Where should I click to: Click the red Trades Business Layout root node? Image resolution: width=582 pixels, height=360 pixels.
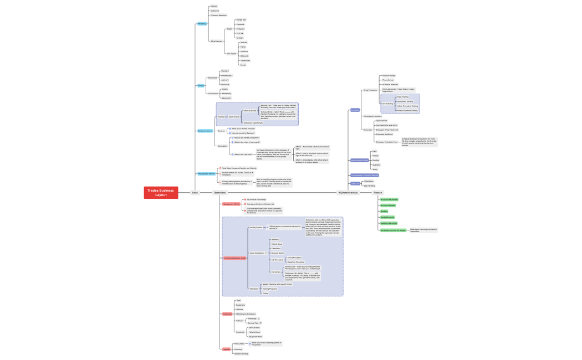pyautogui.click(x=161, y=192)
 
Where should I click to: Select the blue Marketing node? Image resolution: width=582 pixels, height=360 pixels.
pyautogui.click(x=202, y=24)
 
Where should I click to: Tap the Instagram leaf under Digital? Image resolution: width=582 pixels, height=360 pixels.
pyautogui.click(x=240, y=29)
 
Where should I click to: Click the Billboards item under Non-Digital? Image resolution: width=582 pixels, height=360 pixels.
pyautogui.click(x=244, y=56)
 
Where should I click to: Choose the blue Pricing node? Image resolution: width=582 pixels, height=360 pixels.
pyautogui.click(x=201, y=85)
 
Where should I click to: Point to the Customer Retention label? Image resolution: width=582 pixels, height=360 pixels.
pyautogui.click(x=218, y=16)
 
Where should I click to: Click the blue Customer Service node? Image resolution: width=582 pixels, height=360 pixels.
pyautogui.click(x=205, y=131)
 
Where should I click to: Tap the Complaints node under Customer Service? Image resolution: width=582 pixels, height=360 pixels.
pyautogui.click(x=223, y=146)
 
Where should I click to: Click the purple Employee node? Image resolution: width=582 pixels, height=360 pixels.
pyautogui.click(x=355, y=110)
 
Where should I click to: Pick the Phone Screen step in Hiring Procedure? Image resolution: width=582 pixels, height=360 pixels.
pyautogui.click(x=389, y=80)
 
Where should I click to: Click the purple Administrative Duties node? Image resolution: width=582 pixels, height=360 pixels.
pyautogui.click(x=359, y=160)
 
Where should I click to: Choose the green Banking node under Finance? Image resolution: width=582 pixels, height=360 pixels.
pyautogui.click(x=384, y=211)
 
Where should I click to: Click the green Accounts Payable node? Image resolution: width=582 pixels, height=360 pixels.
pyautogui.click(x=388, y=205)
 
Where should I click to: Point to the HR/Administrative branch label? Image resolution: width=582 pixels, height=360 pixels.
pyautogui.click(x=348, y=192)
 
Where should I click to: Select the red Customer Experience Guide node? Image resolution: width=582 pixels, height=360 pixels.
pyautogui.click(x=234, y=258)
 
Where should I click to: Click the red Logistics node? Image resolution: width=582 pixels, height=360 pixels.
pyautogui.click(x=226, y=349)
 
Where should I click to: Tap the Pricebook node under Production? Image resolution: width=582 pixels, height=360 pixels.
pyautogui.click(x=240, y=332)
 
